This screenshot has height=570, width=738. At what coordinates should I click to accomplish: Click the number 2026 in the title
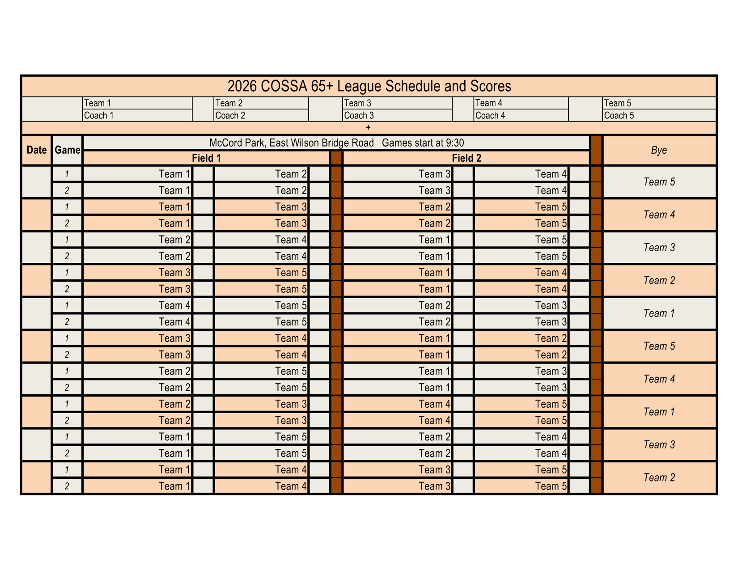point(239,86)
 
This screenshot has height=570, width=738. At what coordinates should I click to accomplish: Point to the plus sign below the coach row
point(368,128)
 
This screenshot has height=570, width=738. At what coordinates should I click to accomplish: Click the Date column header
point(37,150)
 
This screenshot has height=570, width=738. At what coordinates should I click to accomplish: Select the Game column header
point(68,150)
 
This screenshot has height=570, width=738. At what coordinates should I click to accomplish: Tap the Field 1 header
point(206,158)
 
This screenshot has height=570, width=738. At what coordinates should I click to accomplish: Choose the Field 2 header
point(466,158)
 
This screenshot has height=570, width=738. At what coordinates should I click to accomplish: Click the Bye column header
point(659,150)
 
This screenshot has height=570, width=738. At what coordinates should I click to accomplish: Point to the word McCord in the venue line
point(226,143)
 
